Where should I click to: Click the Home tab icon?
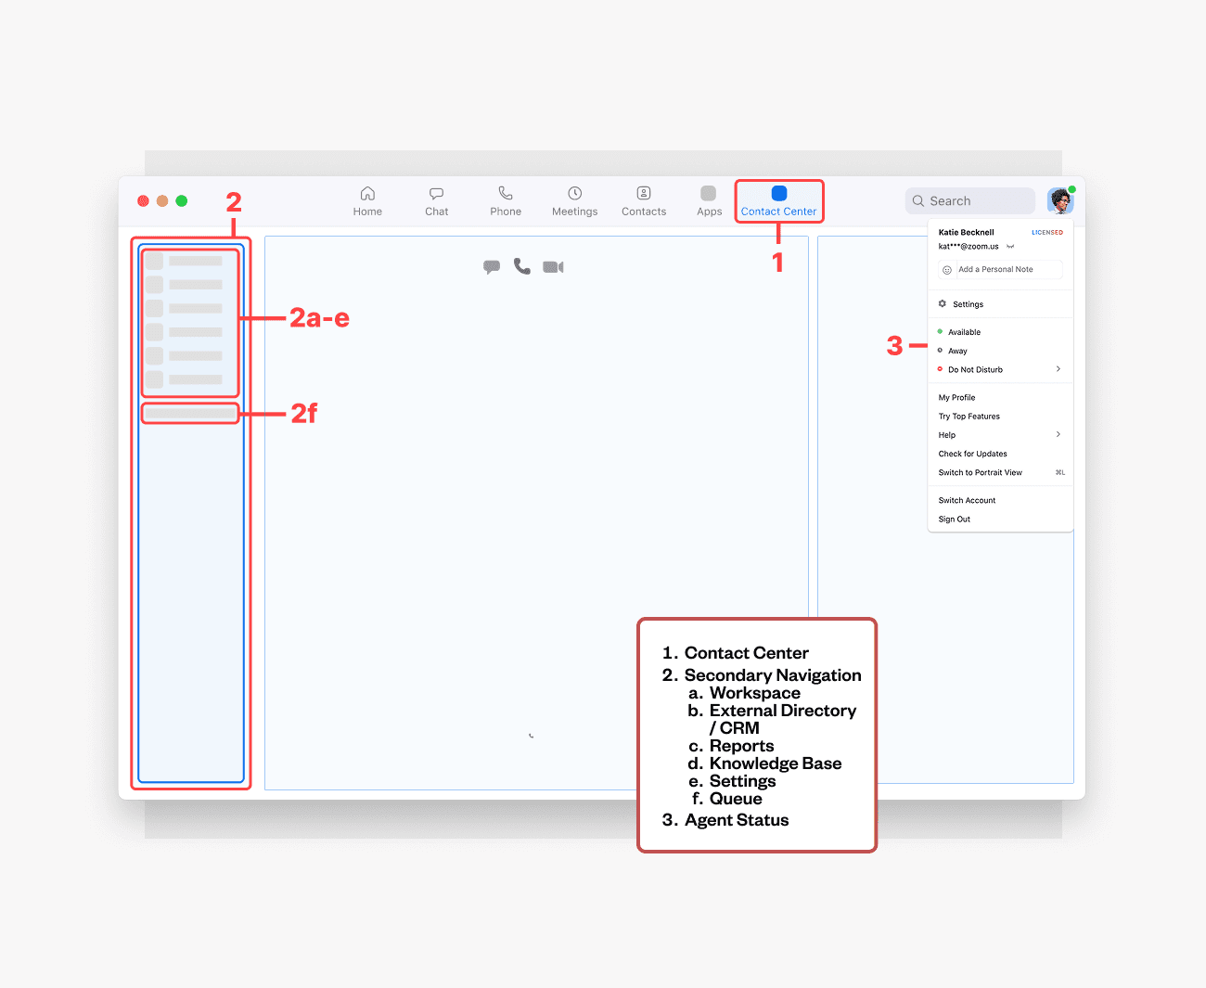[367, 193]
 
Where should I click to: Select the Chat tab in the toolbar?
[436, 201]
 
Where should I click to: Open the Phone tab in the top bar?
[506, 201]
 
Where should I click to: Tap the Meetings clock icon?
[574, 193]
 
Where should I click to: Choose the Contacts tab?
[644, 201]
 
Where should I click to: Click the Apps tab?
[709, 201]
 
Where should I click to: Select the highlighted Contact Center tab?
[779, 201]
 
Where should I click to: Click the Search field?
[969, 200]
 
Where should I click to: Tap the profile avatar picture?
[1059, 200]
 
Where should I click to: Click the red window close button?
[143, 200]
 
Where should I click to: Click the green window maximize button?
[181, 200]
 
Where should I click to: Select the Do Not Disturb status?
[975, 369]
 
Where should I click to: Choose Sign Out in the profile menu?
[954, 520]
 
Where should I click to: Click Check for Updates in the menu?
[972, 454]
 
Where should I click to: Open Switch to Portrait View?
[980, 472]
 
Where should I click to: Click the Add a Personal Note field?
[1000, 269]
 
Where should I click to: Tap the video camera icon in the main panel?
[553, 267]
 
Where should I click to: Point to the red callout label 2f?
[303, 413]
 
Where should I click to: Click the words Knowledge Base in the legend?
[776, 763]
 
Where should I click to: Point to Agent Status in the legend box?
[737, 820]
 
